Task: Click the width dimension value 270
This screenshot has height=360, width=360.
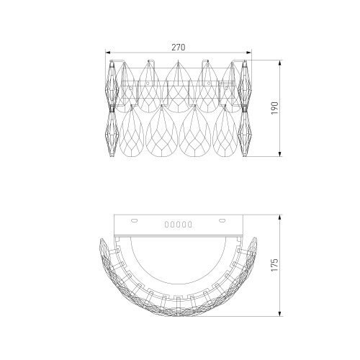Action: (x=179, y=48)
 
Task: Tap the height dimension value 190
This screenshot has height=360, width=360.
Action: (x=275, y=108)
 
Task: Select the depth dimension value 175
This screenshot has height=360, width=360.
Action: (x=275, y=265)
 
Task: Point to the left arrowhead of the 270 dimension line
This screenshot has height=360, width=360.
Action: (x=108, y=53)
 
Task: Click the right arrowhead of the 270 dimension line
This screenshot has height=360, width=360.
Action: (x=249, y=53)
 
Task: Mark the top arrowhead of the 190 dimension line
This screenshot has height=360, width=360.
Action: (x=280, y=63)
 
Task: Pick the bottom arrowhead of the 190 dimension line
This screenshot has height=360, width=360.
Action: (x=280, y=154)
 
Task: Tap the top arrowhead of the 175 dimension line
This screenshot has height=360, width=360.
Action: (x=280, y=217)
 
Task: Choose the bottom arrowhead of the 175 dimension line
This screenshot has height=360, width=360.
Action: (x=280, y=314)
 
